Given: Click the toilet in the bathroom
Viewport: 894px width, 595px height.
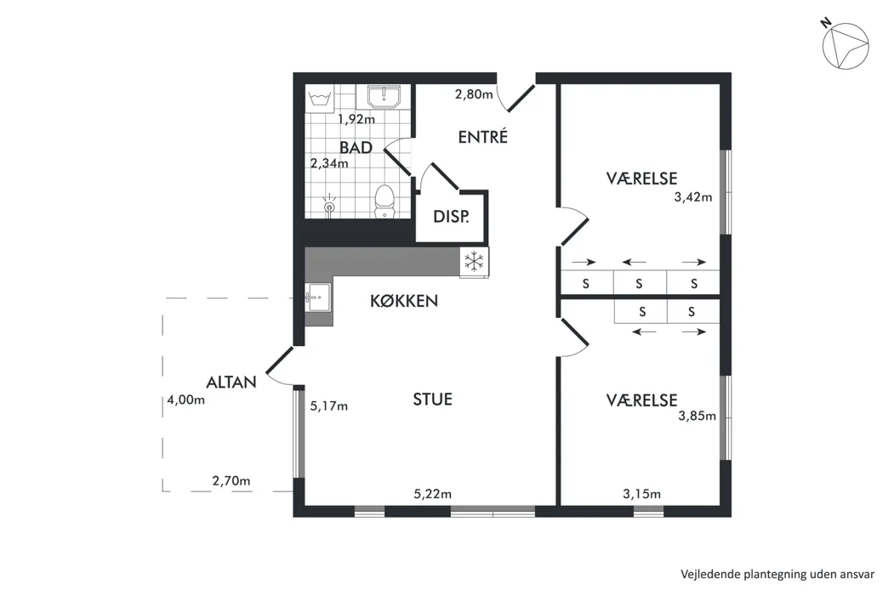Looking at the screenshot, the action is click(x=384, y=201).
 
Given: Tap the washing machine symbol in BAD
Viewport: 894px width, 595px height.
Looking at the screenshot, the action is click(x=320, y=99).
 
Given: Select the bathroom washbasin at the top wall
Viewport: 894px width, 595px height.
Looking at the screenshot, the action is click(x=384, y=97).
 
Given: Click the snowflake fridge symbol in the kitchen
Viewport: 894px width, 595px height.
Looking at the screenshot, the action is click(x=475, y=262).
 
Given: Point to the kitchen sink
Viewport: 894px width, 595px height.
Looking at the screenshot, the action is click(x=317, y=297).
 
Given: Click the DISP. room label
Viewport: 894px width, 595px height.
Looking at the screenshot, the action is click(x=451, y=217).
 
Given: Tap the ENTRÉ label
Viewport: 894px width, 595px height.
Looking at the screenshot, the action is click(x=483, y=137).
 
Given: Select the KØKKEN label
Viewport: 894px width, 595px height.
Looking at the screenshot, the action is click(x=404, y=301).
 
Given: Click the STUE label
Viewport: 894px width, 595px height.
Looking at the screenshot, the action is click(x=433, y=399).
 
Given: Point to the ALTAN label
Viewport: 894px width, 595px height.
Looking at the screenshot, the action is click(x=231, y=382).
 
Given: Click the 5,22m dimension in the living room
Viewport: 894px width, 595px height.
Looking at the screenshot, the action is click(x=433, y=494).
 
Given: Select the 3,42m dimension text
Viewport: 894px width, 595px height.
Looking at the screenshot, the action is click(x=693, y=197).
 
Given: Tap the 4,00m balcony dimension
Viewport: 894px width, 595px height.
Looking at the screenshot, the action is click(x=186, y=399).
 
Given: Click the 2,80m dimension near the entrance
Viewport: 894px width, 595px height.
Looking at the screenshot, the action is click(x=474, y=94).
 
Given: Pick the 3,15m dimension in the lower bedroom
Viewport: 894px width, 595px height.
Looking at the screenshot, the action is click(x=642, y=494).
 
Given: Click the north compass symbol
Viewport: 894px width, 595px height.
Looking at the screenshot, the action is click(x=846, y=46).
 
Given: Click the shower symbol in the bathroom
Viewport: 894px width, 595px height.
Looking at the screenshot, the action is click(x=329, y=207).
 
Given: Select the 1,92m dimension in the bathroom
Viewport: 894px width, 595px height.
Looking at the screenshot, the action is click(x=356, y=119).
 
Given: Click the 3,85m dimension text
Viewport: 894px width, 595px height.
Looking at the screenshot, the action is click(x=698, y=416).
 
